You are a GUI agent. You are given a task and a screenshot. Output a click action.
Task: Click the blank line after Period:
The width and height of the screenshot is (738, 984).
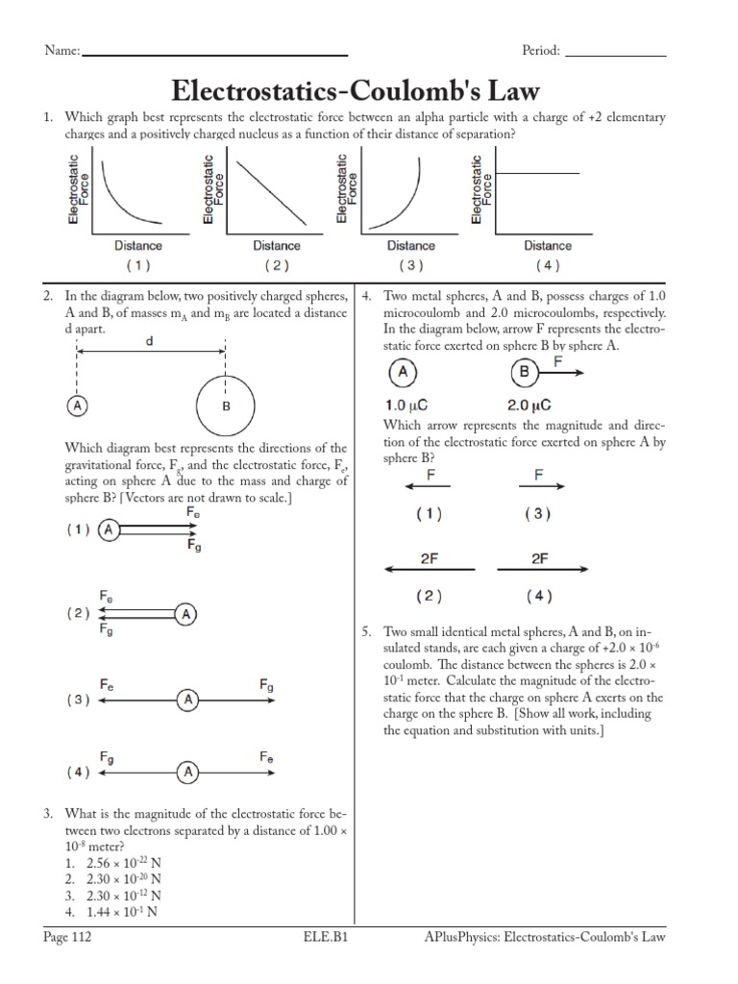(x=613, y=55)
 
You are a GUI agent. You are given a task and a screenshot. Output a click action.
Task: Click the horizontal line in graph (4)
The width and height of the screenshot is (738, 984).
(x=536, y=173)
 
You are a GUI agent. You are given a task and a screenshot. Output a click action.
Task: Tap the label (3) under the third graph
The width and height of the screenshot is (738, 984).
(x=410, y=266)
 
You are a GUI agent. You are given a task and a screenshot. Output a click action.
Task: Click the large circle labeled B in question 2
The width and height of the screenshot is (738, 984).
(x=226, y=406)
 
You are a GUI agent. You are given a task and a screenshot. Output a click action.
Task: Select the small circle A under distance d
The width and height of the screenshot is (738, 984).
(x=76, y=406)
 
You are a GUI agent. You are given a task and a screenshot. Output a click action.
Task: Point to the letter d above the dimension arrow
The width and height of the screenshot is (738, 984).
(x=150, y=340)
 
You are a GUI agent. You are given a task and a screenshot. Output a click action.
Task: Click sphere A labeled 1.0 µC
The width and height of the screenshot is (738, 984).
(x=404, y=373)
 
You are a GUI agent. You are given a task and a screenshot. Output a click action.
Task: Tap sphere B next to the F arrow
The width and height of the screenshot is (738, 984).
(x=525, y=373)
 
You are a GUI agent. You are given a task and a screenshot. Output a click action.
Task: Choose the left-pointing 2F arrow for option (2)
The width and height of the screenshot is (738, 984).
(x=430, y=570)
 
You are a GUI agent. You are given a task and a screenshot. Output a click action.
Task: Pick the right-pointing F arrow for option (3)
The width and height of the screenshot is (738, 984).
(x=542, y=487)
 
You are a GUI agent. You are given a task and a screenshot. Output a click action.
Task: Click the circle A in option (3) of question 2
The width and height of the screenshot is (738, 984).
(x=188, y=701)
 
